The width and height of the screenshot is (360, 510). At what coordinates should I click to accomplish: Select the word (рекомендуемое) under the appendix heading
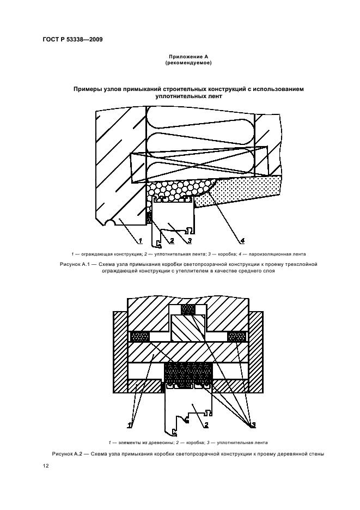188,63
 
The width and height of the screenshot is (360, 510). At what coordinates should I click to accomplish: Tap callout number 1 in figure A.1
140,240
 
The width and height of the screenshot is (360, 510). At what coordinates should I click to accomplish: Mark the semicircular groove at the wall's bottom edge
111,223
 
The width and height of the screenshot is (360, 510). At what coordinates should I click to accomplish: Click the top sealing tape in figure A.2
188,309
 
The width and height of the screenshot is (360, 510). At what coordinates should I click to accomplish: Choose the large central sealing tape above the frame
188,372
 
